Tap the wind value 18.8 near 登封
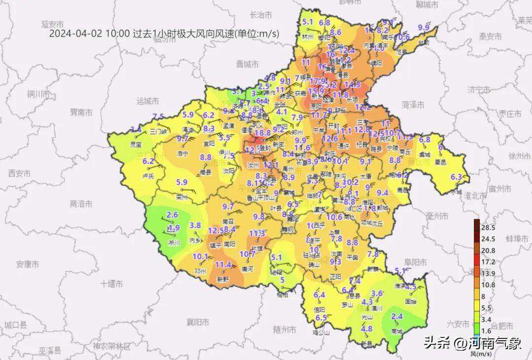[263, 133]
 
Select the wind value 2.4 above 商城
[397, 316]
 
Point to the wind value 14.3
[352, 84]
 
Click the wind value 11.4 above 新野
[223, 265]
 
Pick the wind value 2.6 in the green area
[172, 215]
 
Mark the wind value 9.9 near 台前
[424, 28]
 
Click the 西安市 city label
[19, 173]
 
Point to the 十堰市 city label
[111, 283]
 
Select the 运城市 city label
[148, 101]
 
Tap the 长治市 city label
[262, 15]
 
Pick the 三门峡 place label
[159, 131]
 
